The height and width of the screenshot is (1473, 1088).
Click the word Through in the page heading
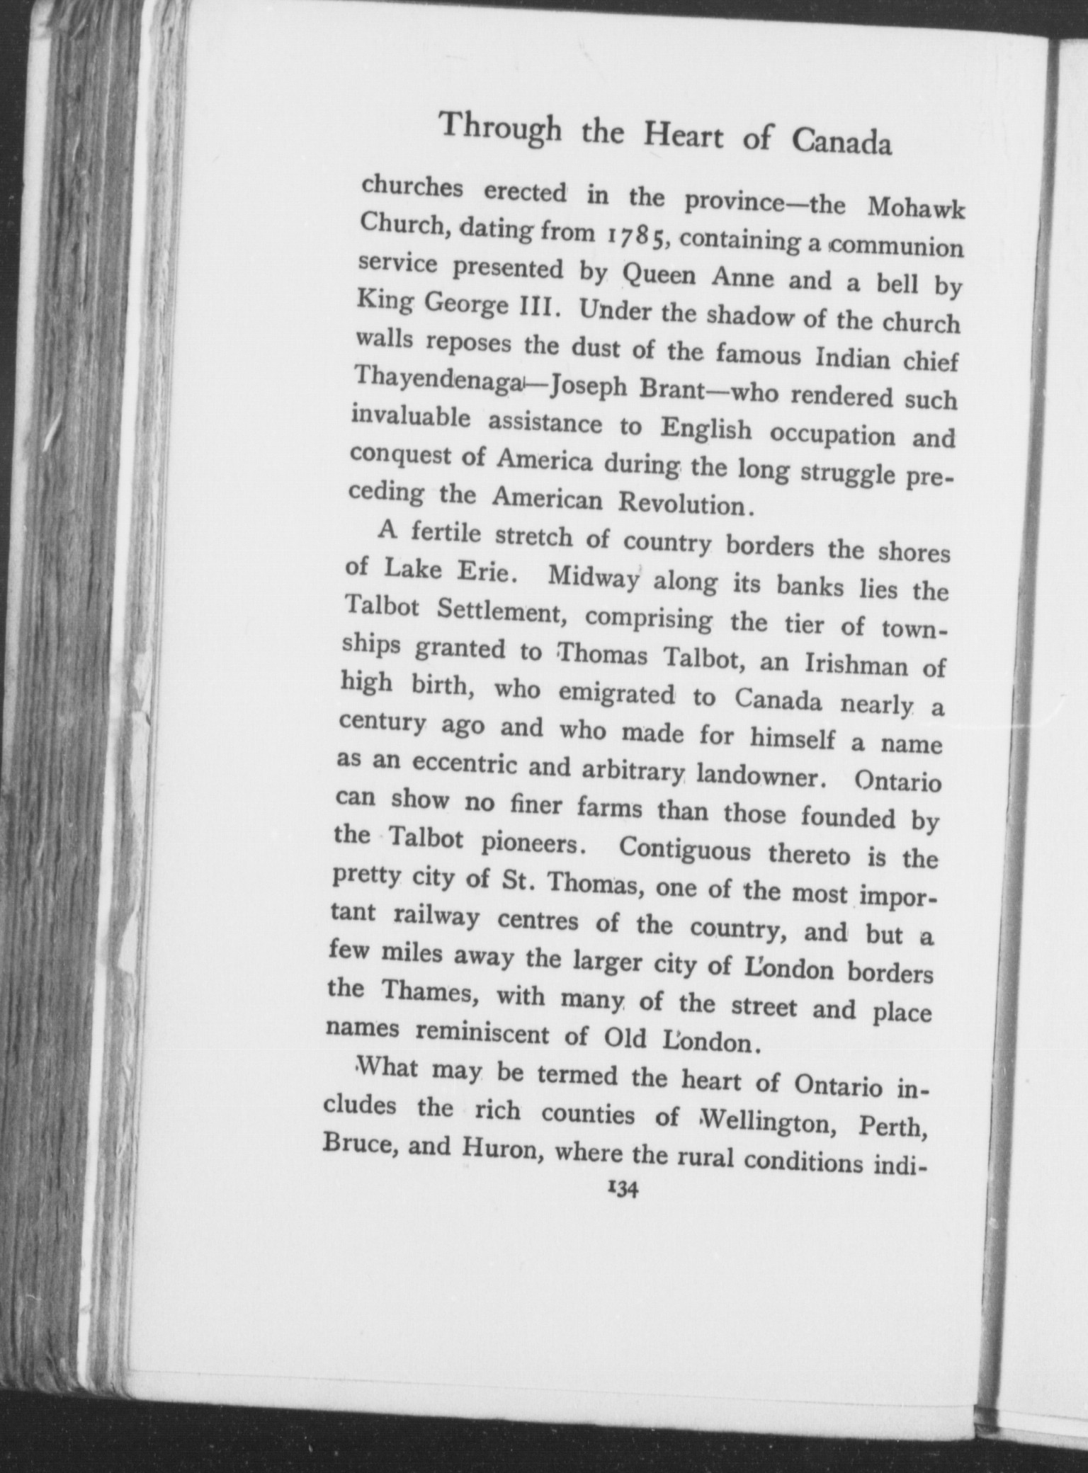[x=500, y=129]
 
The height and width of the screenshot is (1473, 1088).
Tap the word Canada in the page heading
[x=841, y=142]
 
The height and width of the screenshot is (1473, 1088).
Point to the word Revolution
[x=683, y=504]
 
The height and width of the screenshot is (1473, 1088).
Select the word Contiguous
[x=684, y=850]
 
